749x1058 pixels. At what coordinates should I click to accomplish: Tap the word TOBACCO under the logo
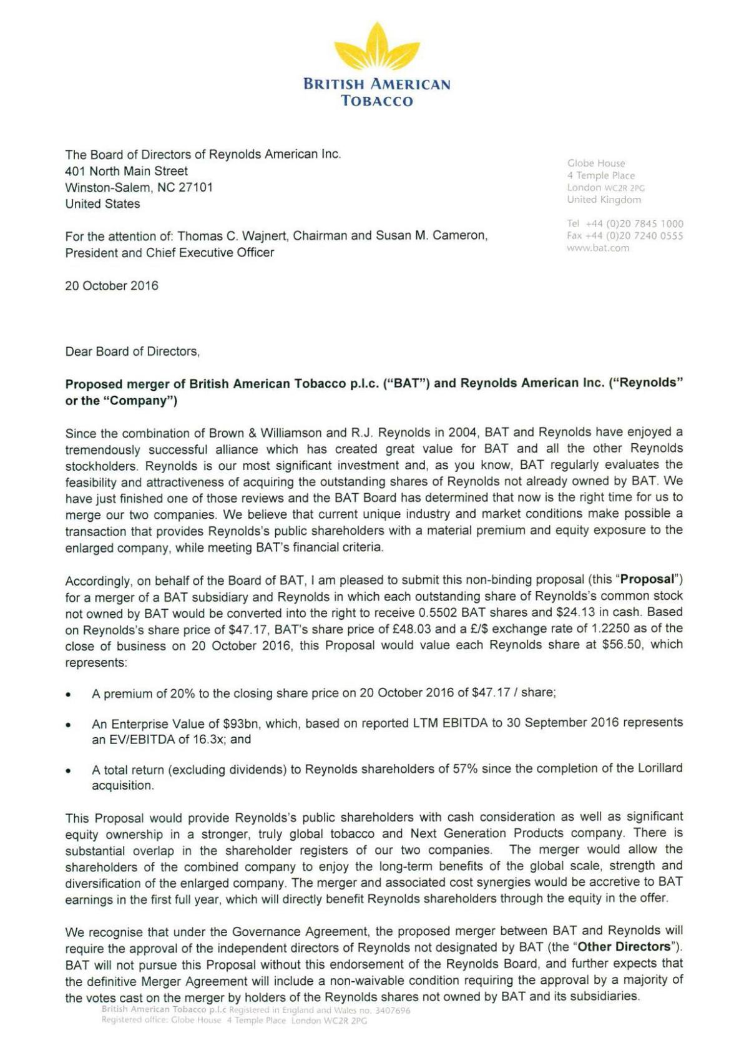376,101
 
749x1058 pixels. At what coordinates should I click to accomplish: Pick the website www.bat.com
598,248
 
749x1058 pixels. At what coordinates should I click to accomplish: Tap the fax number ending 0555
625,236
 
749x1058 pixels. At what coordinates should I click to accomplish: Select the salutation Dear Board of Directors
132,351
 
